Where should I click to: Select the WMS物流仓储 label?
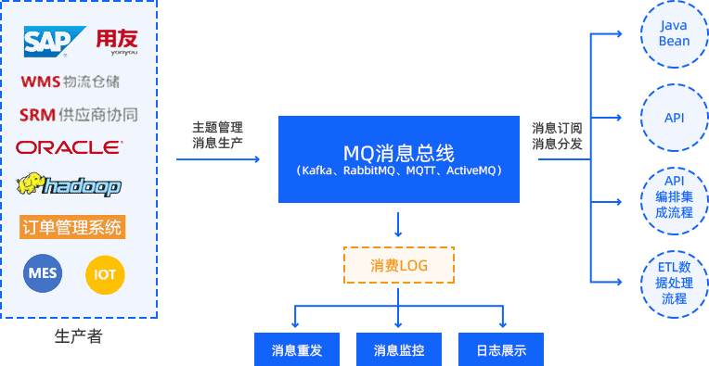click(70, 82)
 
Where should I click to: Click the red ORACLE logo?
click(70, 147)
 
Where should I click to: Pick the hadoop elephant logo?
click(69, 185)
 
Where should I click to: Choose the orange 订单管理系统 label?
click(72, 226)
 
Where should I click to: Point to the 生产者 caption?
click(78, 335)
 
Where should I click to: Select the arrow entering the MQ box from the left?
click(219, 160)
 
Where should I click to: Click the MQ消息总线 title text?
click(398, 152)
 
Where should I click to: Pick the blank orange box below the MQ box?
click(398, 264)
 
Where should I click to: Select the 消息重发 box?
click(297, 350)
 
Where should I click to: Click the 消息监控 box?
click(399, 350)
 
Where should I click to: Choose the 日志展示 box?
click(500, 350)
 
